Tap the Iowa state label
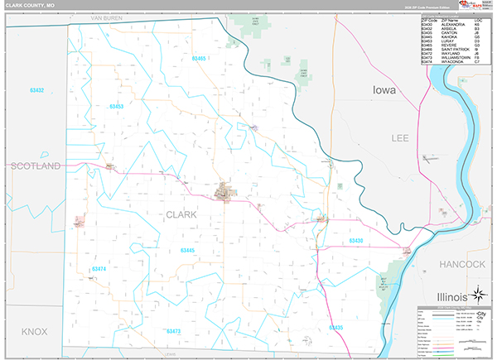pos(384,89)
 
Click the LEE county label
pos(401,138)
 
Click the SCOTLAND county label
pos(36,166)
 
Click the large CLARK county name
pos(181,214)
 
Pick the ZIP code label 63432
pos(36,89)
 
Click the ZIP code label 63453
pos(116,107)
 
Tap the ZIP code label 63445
pos(187,250)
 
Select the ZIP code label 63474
pos(99,269)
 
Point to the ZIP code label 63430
pos(355,241)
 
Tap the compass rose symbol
pos(478,294)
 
